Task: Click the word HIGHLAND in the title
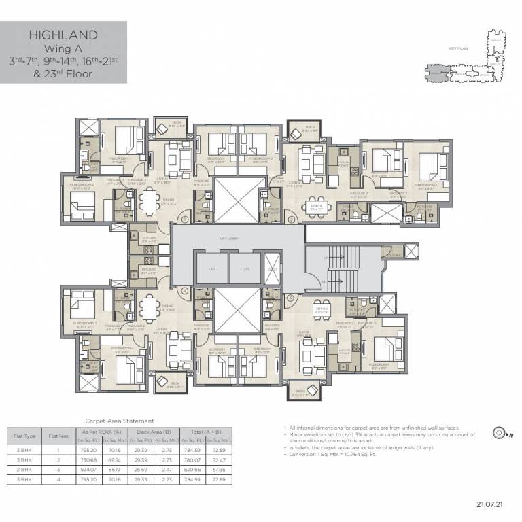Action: [x=63, y=35]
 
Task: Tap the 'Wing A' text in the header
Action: [x=63, y=49]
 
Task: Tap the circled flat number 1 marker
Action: [x=184, y=220]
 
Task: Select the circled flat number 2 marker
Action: [x=290, y=220]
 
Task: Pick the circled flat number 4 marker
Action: [x=184, y=291]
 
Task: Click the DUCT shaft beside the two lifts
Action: [x=271, y=270]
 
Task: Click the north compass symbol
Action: [x=500, y=431]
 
